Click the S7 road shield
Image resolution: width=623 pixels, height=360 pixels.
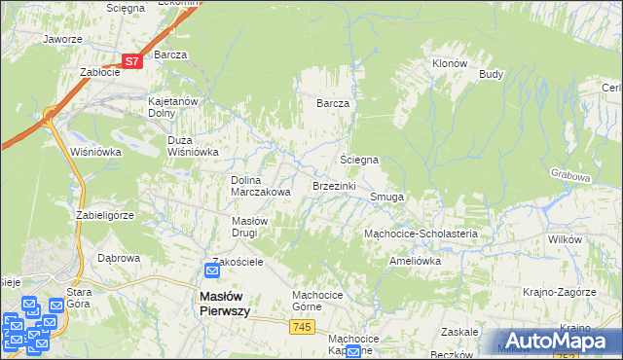(133, 60)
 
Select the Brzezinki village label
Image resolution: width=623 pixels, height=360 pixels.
(334, 185)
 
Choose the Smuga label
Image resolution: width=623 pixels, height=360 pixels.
(386, 197)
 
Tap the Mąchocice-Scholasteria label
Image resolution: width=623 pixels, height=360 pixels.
(420, 234)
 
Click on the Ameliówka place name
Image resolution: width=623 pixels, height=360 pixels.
(415, 261)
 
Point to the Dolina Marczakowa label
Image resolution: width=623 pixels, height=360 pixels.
(261, 186)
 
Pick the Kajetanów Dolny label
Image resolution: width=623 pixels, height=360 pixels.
(172, 107)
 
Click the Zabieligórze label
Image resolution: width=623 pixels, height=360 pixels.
(104, 214)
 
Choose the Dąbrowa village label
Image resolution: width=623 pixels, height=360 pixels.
(119, 258)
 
